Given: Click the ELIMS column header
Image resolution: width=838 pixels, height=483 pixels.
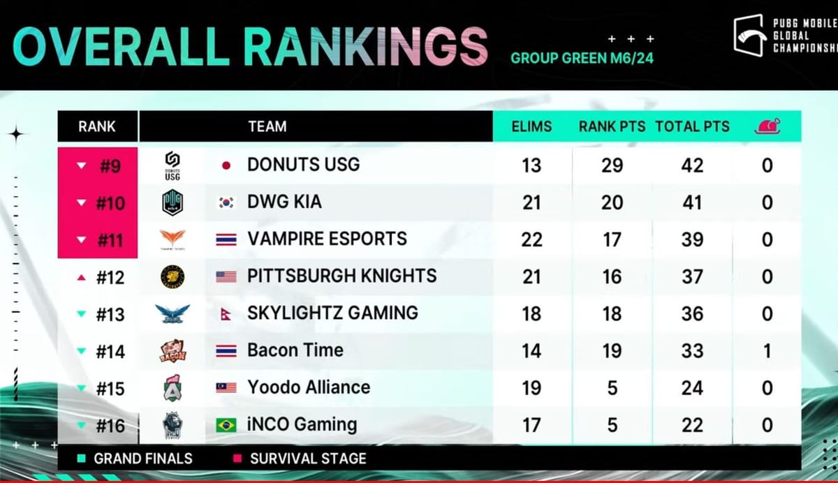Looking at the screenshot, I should tap(531, 126).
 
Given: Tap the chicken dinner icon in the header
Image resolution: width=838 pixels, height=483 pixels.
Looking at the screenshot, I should tap(767, 126).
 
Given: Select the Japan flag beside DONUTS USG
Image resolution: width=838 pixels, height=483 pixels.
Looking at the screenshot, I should tap(226, 165).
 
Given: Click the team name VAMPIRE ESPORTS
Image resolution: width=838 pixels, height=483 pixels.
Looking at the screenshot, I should tap(327, 239).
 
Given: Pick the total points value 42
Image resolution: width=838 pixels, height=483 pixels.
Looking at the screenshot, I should tap(692, 165).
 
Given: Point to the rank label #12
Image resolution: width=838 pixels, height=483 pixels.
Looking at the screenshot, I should tap(110, 277).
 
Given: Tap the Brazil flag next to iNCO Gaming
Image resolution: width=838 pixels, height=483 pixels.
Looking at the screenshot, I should tap(226, 424).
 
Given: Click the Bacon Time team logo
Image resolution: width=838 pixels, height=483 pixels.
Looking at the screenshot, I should tap(172, 350).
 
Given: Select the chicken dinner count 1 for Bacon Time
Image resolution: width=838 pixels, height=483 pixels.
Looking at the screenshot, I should tap(767, 350).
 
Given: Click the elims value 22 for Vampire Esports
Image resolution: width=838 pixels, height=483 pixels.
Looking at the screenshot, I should tap(531, 239).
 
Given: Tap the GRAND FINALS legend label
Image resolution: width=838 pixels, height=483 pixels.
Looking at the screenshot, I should tap(142, 459).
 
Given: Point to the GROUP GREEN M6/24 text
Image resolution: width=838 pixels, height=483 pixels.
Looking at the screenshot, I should tap(582, 58).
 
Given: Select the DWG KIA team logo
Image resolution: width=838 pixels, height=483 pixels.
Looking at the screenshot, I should tap(172, 202).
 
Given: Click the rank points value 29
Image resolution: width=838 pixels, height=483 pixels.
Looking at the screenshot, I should tap(612, 165).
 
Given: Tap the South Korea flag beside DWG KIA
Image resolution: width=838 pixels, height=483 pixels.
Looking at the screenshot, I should tap(226, 202).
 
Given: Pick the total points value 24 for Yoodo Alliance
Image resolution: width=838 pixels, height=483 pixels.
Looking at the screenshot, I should tap(692, 387).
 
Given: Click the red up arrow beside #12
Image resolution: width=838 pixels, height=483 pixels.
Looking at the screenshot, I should tap(82, 278).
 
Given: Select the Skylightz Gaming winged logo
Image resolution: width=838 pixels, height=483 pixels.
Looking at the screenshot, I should tap(172, 314).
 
